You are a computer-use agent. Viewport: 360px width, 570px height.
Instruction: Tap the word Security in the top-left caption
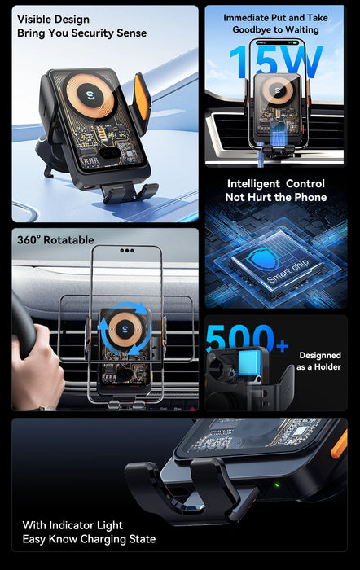[x=93, y=33]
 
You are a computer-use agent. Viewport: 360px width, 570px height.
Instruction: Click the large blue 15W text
[x=276, y=61]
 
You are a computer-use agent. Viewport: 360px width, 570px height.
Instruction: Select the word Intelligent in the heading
[x=253, y=183]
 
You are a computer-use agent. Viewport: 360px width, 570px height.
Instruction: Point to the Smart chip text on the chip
[x=288, y=271]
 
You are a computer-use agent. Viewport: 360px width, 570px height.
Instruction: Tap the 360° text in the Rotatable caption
[x=29, y=240]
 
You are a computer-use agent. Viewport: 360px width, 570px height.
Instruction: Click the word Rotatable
[x=68, y=240]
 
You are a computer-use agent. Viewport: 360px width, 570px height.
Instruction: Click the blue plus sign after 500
[x=282, y=346]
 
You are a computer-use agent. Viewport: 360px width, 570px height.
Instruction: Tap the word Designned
[x=320, y=355]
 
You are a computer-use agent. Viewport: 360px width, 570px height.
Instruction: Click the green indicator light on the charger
[x=277, y=485]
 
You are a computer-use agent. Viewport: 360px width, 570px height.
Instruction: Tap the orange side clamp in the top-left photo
[x=143, y=95]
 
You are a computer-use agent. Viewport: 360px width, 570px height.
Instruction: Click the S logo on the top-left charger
[x=91, y=95]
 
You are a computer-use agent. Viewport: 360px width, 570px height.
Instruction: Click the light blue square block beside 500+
[x=249, y=362]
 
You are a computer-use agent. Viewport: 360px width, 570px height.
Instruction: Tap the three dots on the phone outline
[x=127, y=251]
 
